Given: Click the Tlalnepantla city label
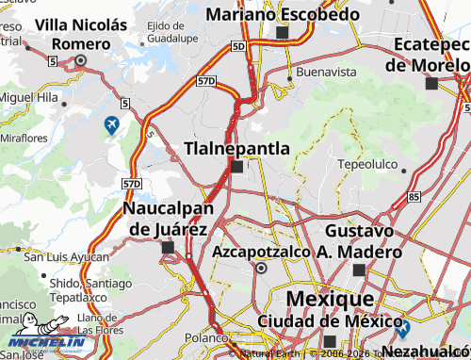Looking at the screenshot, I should (x=236, y=148).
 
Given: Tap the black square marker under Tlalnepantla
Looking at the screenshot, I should (x=236, y=167).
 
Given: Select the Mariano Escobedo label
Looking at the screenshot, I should (x=283, y=14).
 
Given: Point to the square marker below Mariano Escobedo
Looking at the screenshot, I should (x=282, y=33).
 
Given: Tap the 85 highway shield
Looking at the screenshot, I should (x=414, y=197).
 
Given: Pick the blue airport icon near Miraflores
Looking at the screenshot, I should (x=112, y=123).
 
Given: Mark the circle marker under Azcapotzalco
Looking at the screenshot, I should (x=261, y=269).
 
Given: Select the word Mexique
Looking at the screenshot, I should (x=328, y=299).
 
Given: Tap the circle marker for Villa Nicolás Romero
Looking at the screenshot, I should (x=80, y=60).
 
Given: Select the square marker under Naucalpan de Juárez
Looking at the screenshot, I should (x=169, y=248).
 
